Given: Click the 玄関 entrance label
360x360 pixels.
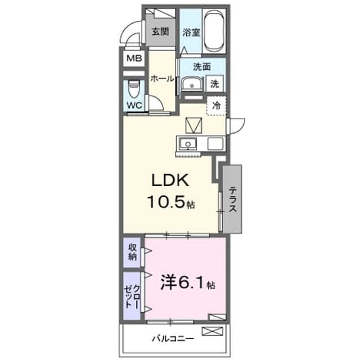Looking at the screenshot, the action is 160,31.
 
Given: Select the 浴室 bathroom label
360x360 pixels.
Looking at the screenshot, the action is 191,33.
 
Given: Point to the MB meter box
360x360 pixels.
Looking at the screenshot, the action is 134,58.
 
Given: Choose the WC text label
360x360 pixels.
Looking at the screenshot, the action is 134,105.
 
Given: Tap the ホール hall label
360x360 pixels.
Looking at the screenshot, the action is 162,79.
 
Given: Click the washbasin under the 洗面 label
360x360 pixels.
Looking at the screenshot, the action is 192,84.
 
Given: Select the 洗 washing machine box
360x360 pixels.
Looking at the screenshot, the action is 215,84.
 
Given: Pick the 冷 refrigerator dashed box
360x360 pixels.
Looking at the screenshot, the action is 216,106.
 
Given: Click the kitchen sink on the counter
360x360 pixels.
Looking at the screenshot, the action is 188,144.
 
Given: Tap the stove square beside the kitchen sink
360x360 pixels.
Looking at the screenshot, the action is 215,144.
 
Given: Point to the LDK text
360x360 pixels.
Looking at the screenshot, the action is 170,180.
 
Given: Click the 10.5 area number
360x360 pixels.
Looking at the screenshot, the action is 166,202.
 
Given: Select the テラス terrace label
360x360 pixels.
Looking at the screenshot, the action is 233,199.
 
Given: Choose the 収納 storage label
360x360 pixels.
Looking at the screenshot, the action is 133,252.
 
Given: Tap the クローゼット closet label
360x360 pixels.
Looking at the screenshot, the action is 132,296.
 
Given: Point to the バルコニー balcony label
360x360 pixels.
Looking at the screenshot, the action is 173,339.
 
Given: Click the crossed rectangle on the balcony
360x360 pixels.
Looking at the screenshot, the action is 212,331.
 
